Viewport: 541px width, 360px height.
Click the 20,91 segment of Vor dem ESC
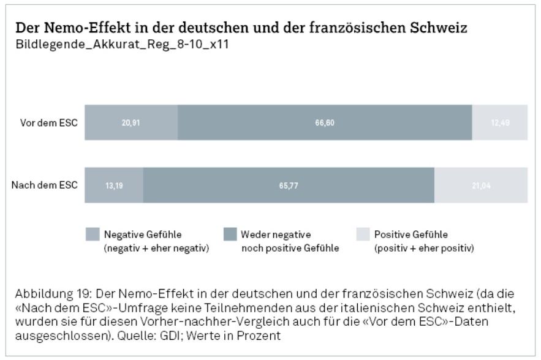131,122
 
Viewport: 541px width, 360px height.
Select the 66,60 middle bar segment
325,122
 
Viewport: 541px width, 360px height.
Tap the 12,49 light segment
499,122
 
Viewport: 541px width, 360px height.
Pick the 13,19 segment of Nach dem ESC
114,185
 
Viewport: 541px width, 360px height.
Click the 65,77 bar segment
289,185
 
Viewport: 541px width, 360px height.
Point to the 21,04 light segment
481,185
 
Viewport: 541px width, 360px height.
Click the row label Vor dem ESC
48,122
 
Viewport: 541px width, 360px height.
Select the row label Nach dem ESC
45,185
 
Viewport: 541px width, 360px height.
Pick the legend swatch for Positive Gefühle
363,234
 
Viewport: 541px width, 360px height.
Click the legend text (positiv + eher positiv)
424,248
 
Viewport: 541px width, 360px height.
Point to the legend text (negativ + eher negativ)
156,248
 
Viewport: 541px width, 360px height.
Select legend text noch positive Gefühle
290,248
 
